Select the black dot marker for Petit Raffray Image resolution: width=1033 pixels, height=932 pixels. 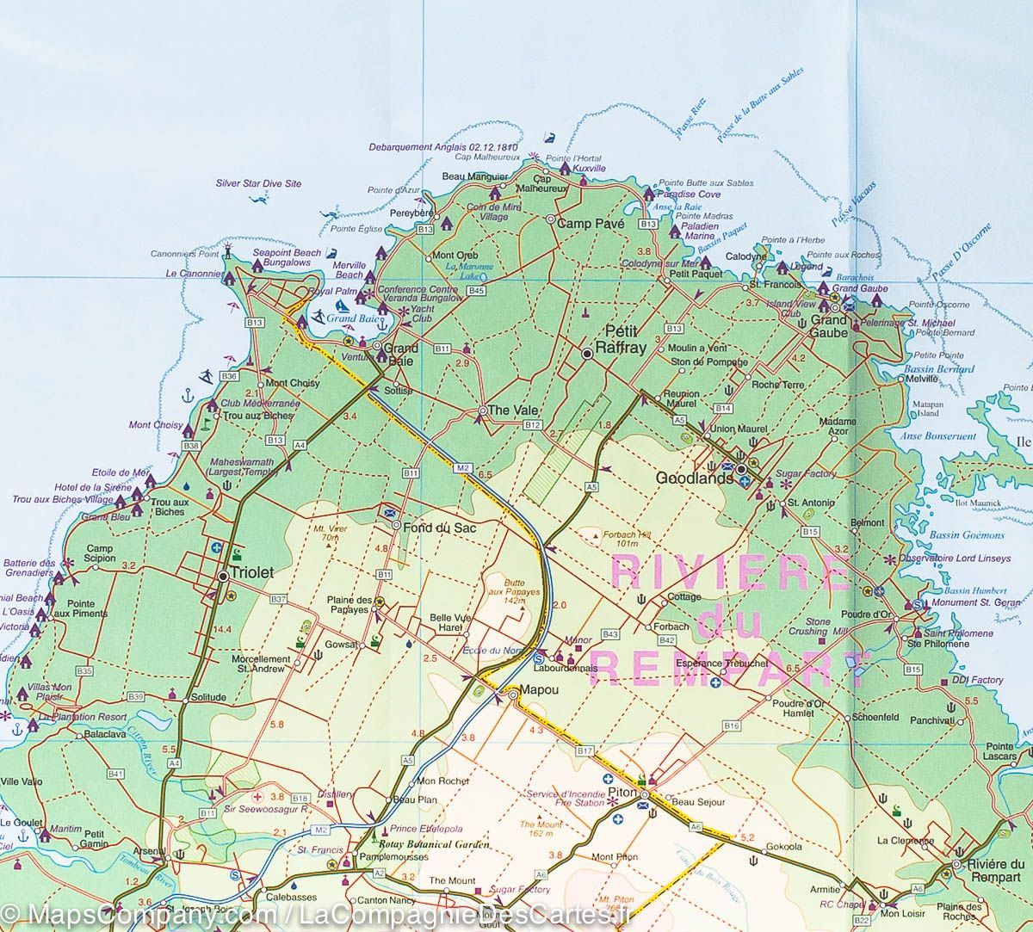click(x=587, y=353)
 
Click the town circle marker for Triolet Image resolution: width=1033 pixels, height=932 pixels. click(x=223, y=576)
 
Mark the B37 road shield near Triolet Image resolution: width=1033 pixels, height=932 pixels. click(x=278, y=599)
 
